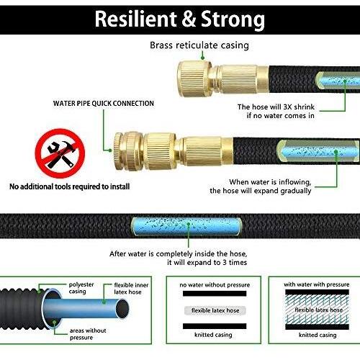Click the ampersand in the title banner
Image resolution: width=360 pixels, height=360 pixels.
click(189, 19)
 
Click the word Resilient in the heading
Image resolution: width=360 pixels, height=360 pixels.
click(136, 19)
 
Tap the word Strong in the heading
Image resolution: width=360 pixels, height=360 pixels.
click(233, 20)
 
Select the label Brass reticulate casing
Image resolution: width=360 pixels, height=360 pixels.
click(199, 45)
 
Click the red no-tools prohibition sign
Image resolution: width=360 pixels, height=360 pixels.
click(60, 153)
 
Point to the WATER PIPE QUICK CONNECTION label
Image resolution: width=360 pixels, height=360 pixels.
click(104, 104)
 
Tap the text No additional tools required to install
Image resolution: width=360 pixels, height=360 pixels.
click(69, 186)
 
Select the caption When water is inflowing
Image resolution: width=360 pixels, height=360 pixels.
click(270, 182)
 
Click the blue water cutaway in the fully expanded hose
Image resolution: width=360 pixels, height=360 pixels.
click(186, 226)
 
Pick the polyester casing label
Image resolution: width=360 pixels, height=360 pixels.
click(81, 288)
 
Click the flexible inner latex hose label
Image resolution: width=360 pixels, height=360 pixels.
click(131, 289)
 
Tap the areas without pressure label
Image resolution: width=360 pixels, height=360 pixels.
click(88, 334)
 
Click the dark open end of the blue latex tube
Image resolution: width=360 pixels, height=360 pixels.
click(122, 310)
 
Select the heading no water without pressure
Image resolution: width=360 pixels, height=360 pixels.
click(215, 285)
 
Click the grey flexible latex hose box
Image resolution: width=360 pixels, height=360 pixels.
click(215, 310)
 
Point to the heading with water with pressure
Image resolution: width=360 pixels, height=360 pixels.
click(317, 284)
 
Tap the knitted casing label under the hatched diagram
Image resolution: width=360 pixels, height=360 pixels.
click(318, 335)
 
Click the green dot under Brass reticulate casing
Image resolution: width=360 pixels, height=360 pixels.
click(202, 58)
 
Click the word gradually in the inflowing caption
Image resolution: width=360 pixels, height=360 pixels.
click(296, 191)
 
